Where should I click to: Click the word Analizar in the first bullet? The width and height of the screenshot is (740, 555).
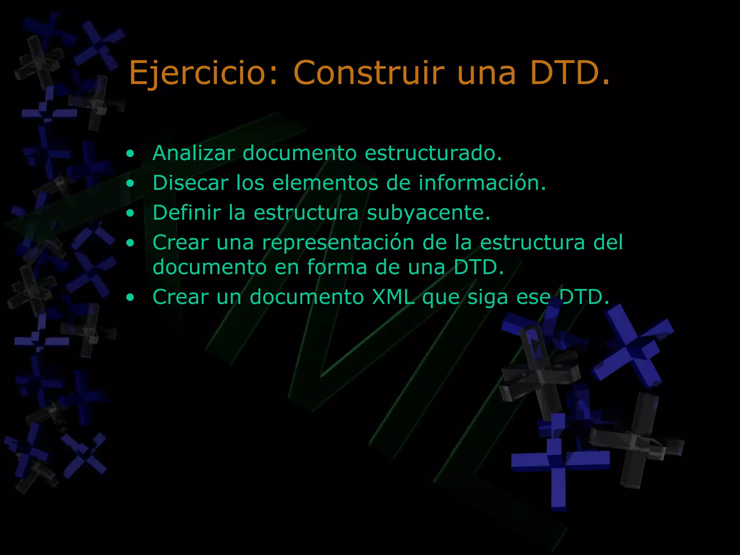194,153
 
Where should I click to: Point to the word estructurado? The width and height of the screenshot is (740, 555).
433,153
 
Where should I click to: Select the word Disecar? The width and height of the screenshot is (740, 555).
191,183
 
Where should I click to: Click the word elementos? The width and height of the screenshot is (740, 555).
325,183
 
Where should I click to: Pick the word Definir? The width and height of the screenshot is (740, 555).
186,212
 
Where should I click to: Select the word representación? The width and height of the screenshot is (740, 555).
338,243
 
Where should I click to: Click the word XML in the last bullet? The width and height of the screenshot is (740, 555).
393,297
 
